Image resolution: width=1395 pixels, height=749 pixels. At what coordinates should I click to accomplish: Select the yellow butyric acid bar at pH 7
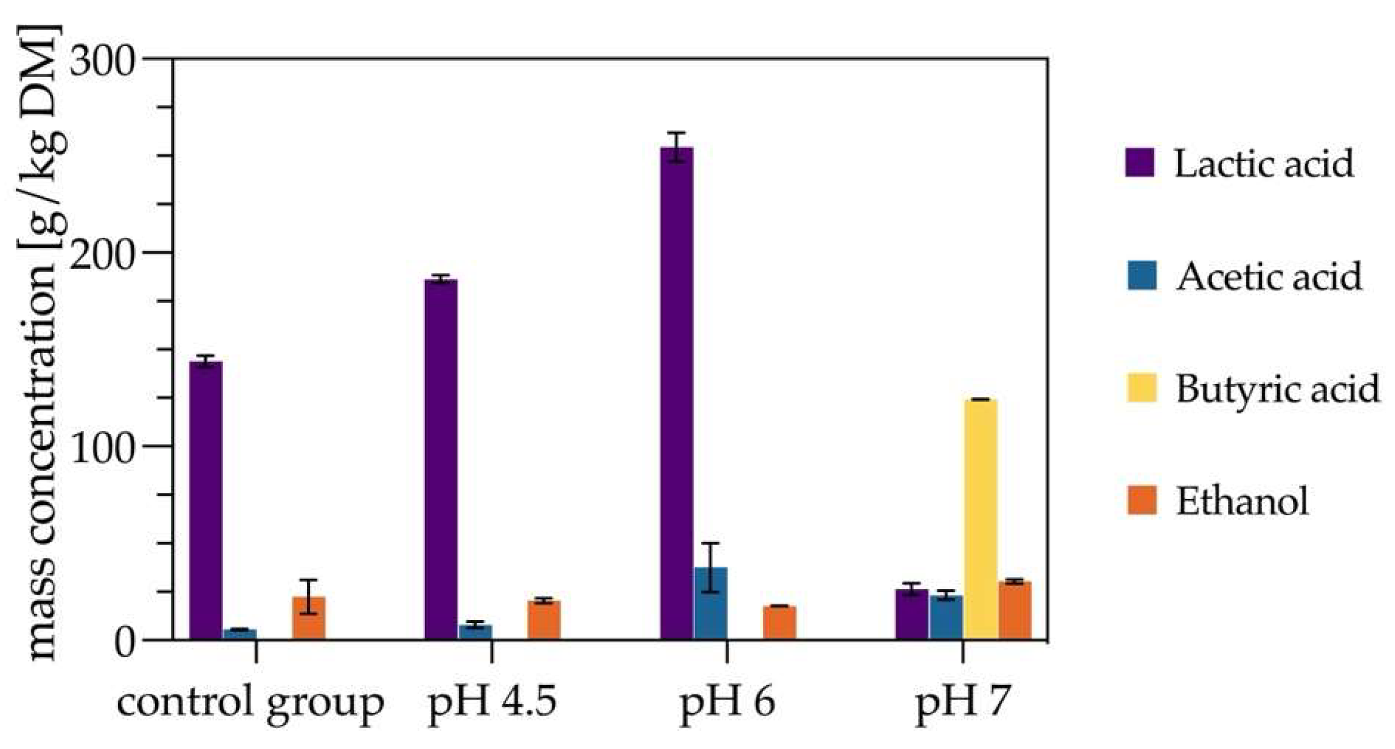980,519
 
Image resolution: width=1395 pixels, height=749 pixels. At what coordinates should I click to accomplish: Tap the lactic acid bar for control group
206,500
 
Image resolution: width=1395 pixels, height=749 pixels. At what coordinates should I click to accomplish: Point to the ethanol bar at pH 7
1015,610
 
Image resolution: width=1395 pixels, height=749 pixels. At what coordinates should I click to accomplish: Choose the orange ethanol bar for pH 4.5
544,620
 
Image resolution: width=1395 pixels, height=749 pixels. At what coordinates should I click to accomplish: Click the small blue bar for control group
240,633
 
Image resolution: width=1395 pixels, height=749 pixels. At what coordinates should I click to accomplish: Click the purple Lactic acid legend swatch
1140,163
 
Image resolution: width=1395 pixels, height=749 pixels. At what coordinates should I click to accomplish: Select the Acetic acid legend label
1268,276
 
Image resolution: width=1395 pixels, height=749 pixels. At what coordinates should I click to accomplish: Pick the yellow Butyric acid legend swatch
1141,387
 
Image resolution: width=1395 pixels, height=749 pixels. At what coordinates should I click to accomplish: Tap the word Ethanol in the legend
1242,500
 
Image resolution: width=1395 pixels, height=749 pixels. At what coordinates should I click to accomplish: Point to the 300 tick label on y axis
103,59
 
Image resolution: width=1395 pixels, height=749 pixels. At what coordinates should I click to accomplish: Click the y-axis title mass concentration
43,345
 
